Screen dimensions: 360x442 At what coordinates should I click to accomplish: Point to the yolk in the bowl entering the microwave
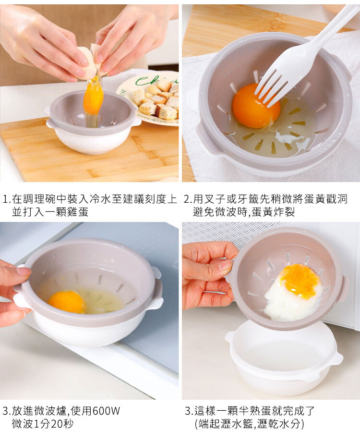(x=66, y=302)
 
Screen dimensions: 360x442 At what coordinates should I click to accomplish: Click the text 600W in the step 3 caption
(x=106, y=411)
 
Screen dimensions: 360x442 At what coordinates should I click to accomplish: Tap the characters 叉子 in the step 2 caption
(x=215, y=199)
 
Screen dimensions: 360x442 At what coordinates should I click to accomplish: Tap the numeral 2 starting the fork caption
(x=187, y=199)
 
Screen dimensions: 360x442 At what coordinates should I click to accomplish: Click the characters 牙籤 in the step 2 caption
(x=248, y=199)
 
